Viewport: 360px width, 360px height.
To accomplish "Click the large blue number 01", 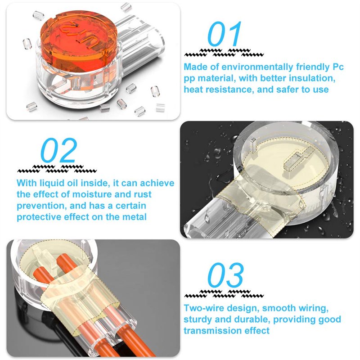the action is click(224, 34).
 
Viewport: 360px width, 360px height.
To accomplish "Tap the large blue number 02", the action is click(59, 150).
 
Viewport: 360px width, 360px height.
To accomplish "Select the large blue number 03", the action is click(225, 275).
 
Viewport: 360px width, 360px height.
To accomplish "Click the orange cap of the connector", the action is click(78, 36).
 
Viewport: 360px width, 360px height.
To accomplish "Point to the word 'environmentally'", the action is click(257, 67).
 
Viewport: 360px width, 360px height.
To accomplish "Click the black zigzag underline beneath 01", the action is click(224, 53).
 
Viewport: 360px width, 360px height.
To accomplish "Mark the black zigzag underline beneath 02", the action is click(57, 169).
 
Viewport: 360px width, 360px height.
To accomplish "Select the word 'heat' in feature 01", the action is click(193, 89).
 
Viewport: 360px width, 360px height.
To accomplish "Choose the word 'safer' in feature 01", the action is click(288, 90).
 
